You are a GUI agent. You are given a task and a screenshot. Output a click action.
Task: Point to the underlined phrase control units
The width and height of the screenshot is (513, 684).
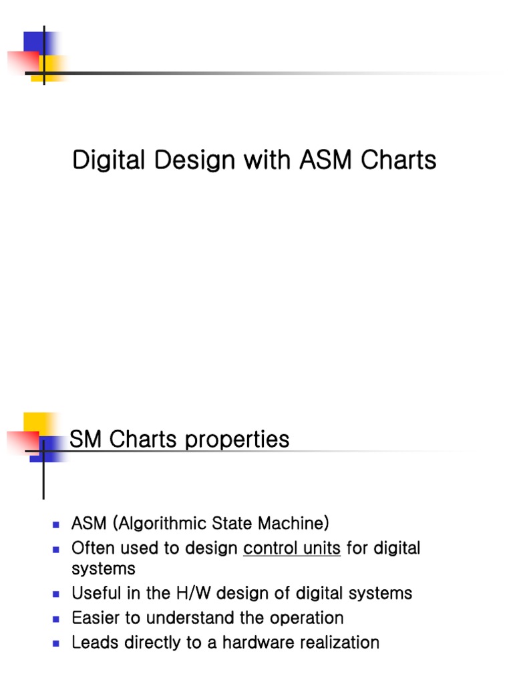[292, 548]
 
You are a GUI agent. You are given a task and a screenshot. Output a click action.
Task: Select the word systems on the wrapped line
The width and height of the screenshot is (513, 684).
[104, 568]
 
